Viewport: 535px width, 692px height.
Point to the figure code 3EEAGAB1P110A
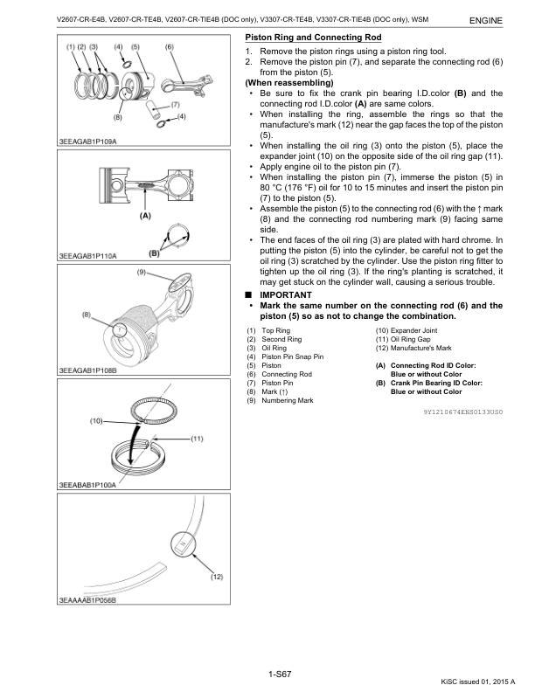pyautogui.click(x=87, y=256)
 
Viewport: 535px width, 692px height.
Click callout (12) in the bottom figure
pyautogui.click(x=217, y=578)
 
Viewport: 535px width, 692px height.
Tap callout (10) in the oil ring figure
pyautogui.click(x=96, y=421)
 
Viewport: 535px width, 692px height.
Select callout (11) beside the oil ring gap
pyautogui.click(x=196, y=438)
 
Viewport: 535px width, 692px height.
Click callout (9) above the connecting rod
pyautogui.click(x=141, y=273)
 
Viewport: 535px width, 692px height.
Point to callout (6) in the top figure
pyautogui.click(x=169, y=45)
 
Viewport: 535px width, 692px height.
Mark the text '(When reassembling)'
pyautogui.click(x=283, y=82)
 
